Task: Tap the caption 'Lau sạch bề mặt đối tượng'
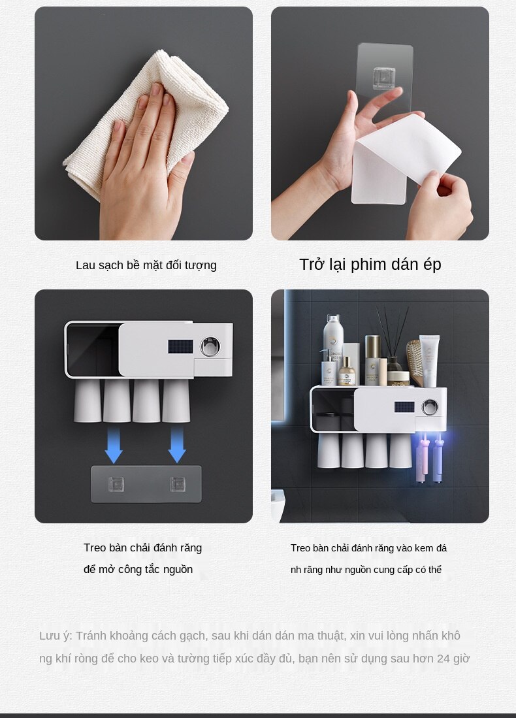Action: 146,265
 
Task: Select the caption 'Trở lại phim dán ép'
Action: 370,265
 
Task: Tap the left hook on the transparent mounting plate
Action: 116,484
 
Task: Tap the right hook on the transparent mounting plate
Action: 177,484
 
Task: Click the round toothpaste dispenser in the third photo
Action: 210,347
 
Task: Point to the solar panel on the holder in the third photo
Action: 180,346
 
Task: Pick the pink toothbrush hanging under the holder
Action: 421,457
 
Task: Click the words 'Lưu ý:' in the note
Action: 56,636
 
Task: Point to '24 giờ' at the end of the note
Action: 453,659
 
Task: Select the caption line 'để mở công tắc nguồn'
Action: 138,570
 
